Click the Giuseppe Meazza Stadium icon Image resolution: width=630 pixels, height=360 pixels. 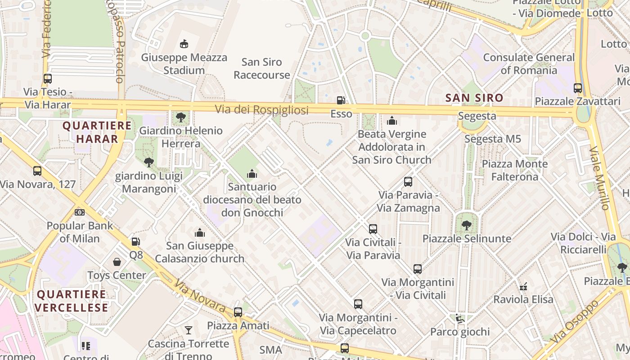pos(184,44)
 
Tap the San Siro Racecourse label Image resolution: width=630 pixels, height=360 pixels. pos(261,68)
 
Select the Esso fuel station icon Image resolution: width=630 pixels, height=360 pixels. pos(341,100)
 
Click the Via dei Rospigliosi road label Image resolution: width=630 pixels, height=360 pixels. pos(261,110)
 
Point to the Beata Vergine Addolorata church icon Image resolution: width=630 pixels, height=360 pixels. pos(392,121)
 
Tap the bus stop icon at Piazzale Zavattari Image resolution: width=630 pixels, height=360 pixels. pos(578,88)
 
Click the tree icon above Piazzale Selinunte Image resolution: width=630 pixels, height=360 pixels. pos(467,225)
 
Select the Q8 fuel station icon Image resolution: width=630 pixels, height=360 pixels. pos(135,242)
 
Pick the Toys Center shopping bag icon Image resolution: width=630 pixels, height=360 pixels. pos(117,262)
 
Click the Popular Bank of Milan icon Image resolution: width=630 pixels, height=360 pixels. pos(80,212)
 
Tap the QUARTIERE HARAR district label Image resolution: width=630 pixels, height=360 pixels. pos(97,132)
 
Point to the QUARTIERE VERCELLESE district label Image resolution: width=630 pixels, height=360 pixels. pos(72,301)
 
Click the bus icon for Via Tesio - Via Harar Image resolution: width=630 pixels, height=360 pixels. pos(48,78)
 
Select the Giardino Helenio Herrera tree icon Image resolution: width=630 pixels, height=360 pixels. pos(181,117)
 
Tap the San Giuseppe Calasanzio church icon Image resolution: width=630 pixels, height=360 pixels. pos(199,233)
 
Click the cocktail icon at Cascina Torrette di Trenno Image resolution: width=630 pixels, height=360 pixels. pos(188,330)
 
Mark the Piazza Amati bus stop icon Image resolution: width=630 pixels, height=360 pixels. pos(238,312)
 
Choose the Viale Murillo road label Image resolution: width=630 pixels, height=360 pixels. pos(599,177)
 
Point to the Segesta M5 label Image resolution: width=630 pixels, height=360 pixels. pos(492,139)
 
